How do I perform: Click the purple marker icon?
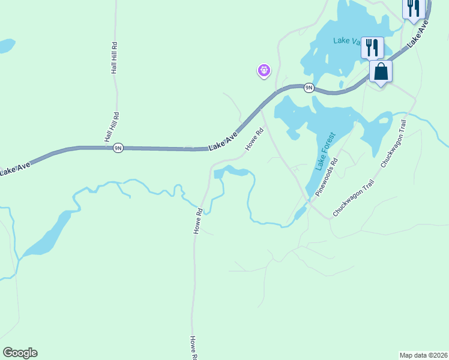[x=264, y=71]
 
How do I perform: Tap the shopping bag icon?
[x=381, y=73]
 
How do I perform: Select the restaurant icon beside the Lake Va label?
[x=372, y=47]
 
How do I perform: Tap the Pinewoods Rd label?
[x=327, y=177]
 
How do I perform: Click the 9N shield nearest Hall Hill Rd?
[x=118, y=148]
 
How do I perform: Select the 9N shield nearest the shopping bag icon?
[x=309, y=88]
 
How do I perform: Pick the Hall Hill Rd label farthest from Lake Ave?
[x=113, y=58]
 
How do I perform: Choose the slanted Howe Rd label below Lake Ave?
[x=254, y=139]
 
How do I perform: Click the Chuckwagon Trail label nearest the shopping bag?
[x=394, y=143]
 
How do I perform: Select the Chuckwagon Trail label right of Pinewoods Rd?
[x=354, y=199]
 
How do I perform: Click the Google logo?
[x=20, y=353]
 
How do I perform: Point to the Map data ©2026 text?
[x=423, y=355]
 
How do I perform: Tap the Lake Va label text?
[x=347, y=41]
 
